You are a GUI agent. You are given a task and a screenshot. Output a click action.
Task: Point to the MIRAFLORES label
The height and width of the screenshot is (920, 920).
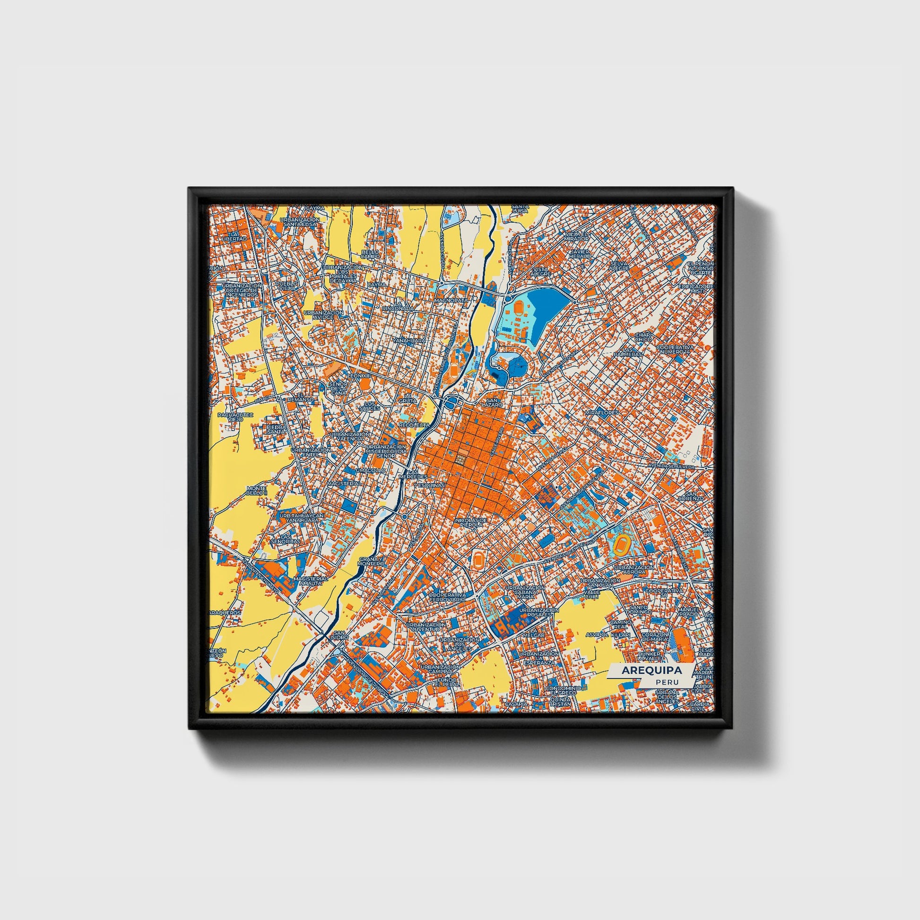point(602,412)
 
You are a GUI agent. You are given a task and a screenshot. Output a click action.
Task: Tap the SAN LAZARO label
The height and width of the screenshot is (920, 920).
point(491,402)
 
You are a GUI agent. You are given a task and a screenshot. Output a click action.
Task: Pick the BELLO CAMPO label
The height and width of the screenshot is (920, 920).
point(370,254)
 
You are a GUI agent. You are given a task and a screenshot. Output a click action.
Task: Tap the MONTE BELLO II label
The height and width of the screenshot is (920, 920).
point(257,490)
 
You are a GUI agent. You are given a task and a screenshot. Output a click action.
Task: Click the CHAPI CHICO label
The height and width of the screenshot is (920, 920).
point(642,338)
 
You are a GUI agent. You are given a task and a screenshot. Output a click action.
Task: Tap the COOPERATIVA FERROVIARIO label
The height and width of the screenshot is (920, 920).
point(446,598)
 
